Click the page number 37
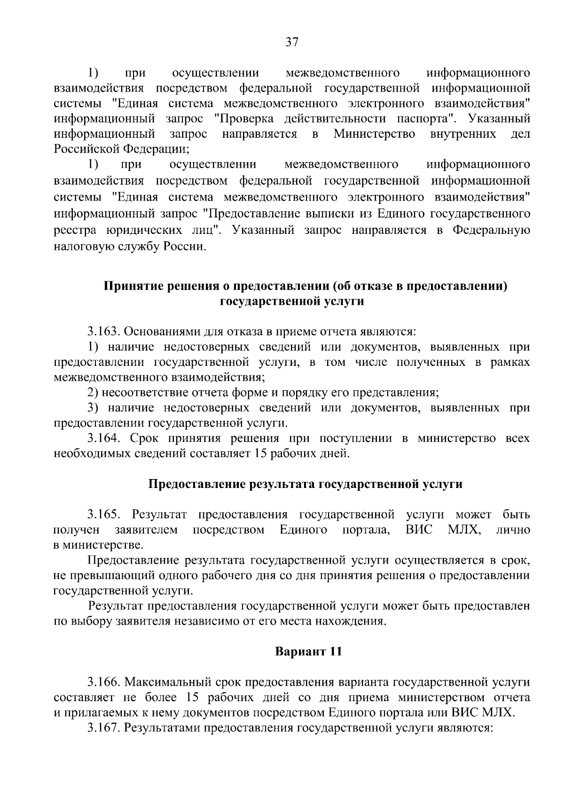pyautogui.click(x=291, y=43)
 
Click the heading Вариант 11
pyautogui.click(x=308, y=652)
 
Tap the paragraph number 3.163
pyautogui.click(x=104, y=332)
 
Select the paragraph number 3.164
pyautogui.click(x=104, y=439)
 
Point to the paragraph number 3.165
pyautogui.click(x=104, y=514)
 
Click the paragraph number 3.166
pyautogui.click(x=104, y=682)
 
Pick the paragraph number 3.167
pyautogui.click(x=104, y=728)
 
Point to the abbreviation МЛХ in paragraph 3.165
pyautogui.click(x=463, y=530)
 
